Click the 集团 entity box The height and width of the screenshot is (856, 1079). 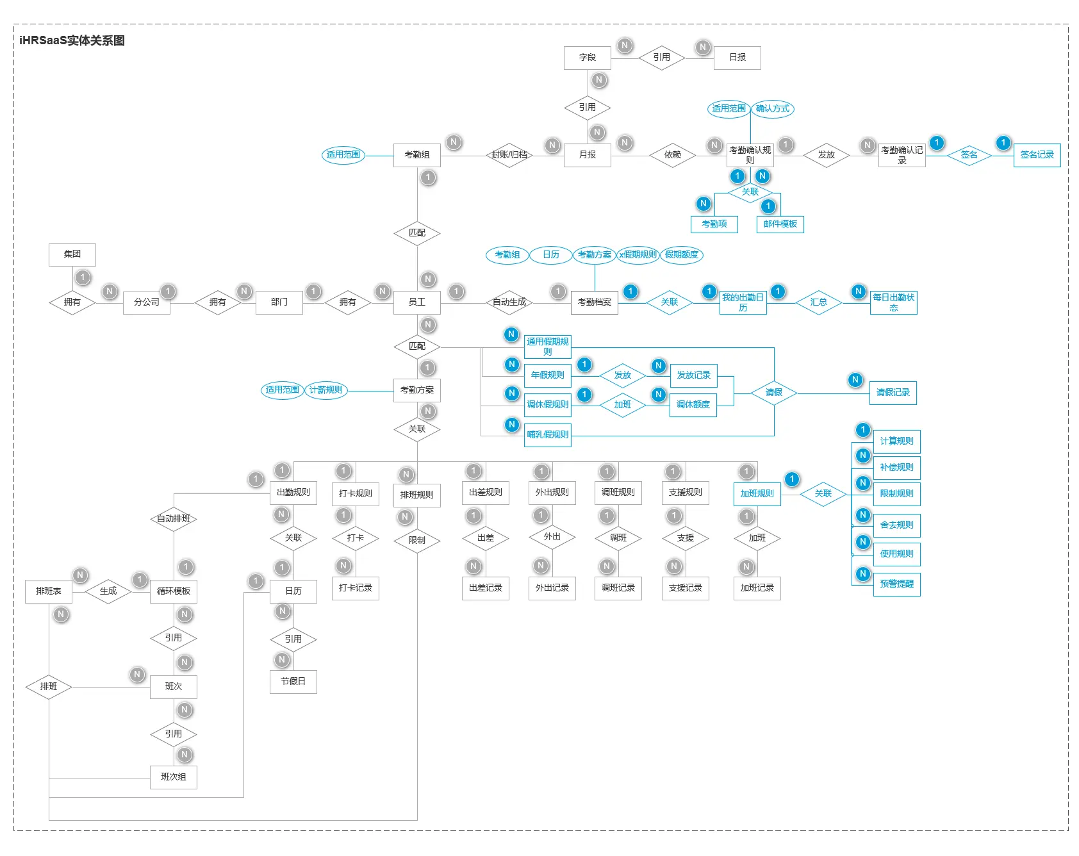[x=72, y=254]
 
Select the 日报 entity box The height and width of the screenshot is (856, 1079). [x=737, y=58]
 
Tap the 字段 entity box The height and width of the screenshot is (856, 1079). [x=587, y=58]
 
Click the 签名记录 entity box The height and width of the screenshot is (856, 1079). [x=1037, y=155]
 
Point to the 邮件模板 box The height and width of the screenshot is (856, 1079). [x=780, y=224]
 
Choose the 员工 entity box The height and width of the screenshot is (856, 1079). [x=416, y=302]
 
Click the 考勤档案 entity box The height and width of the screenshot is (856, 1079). [x=594, y=302]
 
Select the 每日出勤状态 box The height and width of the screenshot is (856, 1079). [x=893, y=302]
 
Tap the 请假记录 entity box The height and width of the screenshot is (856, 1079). [x=893, y=393]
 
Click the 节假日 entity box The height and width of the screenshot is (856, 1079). [x=293, y=682]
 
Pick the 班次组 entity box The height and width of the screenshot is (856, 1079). [x=173, y=777]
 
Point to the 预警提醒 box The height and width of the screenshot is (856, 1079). [x=896, y=584]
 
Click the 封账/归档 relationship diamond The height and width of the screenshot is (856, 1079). [x=509, y=155]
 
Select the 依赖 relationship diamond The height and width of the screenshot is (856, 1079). [x=672, y=155]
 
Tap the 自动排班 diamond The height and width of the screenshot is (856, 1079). [x=173, y=519]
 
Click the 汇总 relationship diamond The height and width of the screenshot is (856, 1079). [x=818, y=302]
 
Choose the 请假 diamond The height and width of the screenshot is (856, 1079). [x=773, y=393]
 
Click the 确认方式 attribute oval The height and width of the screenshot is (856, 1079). [x=772, y=109]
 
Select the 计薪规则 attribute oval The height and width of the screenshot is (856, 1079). [x=325, y=390]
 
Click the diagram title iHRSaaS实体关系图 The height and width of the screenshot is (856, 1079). [x=72, y=41]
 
